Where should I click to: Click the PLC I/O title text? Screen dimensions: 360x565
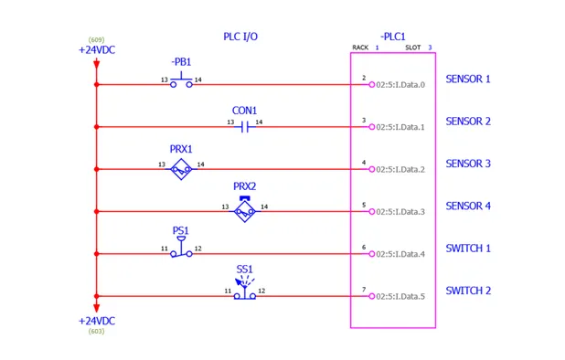[240, 37]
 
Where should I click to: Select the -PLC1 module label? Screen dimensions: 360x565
[393, 37]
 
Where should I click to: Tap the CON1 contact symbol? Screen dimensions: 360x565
[244, 126]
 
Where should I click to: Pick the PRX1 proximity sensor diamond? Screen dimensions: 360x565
[181, 169]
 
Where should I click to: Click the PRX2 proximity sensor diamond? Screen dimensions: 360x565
[244, 211]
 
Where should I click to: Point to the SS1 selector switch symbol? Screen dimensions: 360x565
[244, 291]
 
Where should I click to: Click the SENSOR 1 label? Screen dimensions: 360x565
[468, 79]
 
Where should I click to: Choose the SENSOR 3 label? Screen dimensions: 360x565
[468, 164]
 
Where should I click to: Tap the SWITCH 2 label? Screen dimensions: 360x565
[468, 291]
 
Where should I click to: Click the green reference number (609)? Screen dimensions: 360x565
[96, 40]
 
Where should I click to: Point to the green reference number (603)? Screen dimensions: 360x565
[96, 332]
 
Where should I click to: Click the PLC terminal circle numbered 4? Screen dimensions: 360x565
[372, 169]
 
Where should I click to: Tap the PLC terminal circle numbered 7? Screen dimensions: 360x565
[372, 296]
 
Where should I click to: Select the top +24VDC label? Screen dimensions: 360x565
[96, 50]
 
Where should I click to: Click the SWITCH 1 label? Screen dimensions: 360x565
[468, 249]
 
